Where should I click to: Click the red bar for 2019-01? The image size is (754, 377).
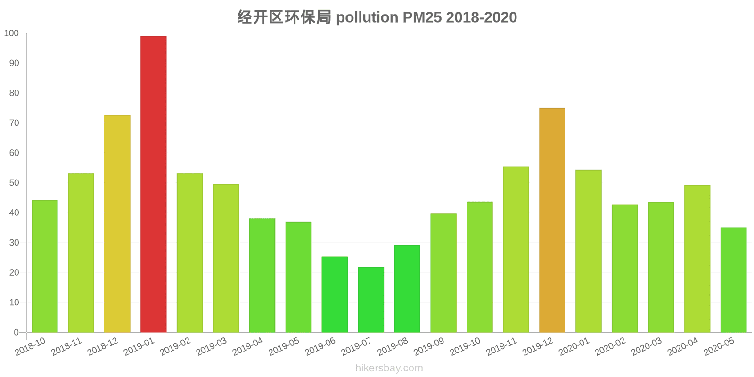(153, 184)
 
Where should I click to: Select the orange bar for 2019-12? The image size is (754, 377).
(552, 220)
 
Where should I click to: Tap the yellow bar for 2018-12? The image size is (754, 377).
(117, 224)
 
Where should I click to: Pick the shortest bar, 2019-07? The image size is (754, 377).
(371, 300)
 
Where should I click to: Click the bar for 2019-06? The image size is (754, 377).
(335, 295)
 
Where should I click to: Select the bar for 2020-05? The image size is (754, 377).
(733, 280)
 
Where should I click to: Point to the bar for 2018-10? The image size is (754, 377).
(45, 266)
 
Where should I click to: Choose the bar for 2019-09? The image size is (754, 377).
(443, 273)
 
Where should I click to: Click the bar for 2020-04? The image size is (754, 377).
(697, 259)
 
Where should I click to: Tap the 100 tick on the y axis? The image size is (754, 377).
(11, 33)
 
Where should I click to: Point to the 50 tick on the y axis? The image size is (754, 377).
(14, 183)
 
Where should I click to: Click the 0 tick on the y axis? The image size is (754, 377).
(16, 332)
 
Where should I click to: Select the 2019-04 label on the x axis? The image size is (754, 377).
(248, 347)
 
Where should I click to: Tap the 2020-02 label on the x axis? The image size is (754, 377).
(610, 347)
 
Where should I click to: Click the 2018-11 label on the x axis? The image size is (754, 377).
(66, 347)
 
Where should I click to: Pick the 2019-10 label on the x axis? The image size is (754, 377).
(465, 347)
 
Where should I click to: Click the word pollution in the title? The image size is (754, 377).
(367, 17)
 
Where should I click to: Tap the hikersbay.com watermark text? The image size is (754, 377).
(389, 368)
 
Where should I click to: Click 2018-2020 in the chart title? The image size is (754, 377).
(481, 17)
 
